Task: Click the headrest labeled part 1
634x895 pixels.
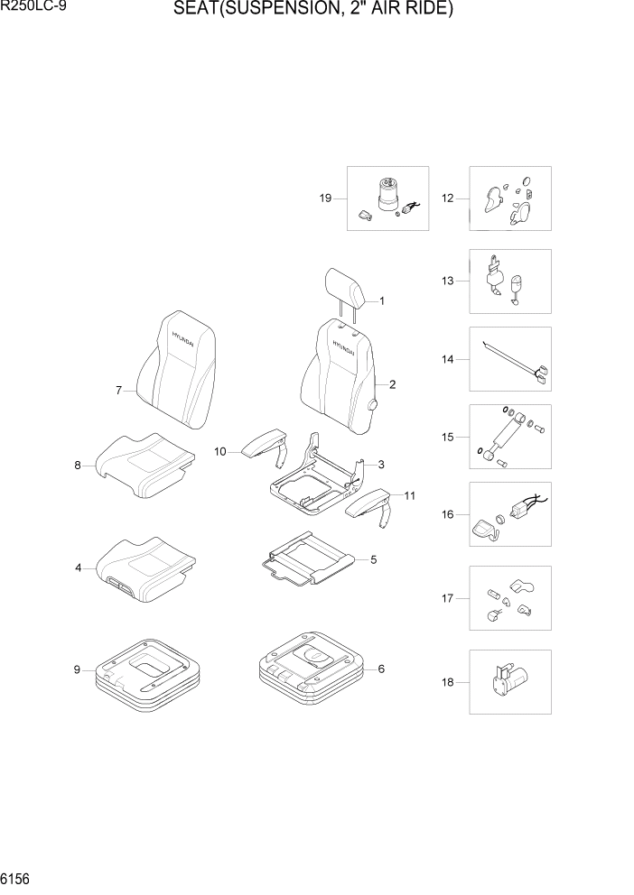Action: (x=345, y=286)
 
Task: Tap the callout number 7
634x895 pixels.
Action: (x=118, y=391)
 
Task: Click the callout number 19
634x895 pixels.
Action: (x=326, y=198)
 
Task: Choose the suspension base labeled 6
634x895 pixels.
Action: (x=312, y=669)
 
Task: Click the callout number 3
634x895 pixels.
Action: (x=381, y=465)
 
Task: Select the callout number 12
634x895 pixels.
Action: (x=447, y=198)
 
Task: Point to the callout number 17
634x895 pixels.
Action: (x=447, y=598)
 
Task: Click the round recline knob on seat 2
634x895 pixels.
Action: (x=372, y=407)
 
